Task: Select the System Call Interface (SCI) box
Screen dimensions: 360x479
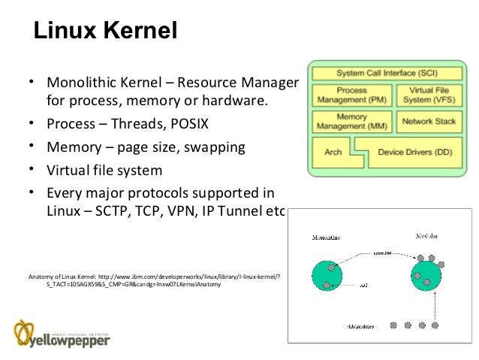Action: [387, 74]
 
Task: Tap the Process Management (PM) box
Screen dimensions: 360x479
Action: [351, 95]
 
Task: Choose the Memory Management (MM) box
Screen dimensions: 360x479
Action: [351, 122]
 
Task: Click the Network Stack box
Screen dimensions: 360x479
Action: [429, 122]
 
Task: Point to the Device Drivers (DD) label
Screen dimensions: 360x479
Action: [414, 152]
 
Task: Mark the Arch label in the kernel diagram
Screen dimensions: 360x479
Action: [333, 152]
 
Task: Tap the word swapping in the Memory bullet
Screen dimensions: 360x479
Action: [217, 147]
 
